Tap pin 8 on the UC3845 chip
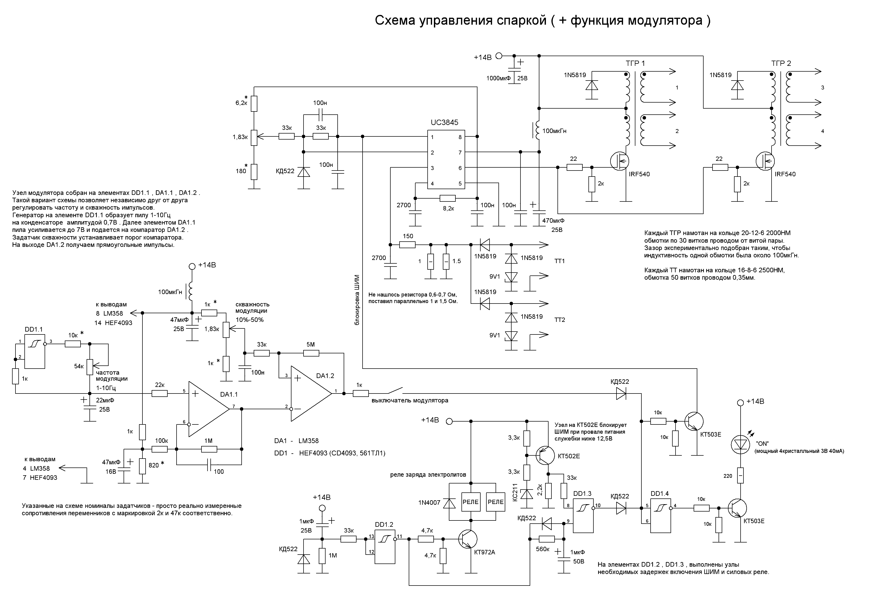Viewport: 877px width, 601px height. (x=460, y=137)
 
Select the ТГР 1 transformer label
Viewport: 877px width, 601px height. (x=635, y=63)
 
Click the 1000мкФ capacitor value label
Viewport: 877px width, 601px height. (x=498, y=78)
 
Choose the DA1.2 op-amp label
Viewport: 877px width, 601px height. (x=325, y=376)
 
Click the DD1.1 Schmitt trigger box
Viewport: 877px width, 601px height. (x=35, y=351)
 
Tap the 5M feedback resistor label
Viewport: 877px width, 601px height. (x=311, y=344)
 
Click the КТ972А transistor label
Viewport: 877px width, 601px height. (x=485, y=552)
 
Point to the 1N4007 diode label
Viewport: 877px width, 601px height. (x=429, y=503)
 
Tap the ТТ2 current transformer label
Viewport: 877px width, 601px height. (x=560, y=320)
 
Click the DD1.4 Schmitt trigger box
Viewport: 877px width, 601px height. (x=660, y=516)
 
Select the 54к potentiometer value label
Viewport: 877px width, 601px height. (x=79, y=366)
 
